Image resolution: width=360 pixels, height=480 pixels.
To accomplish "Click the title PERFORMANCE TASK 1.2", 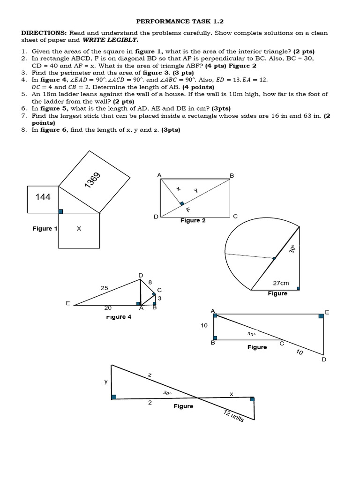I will (180, 21).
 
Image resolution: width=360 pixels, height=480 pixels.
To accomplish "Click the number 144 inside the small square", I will (43, 197).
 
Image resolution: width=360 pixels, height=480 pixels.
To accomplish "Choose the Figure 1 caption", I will (45, 228).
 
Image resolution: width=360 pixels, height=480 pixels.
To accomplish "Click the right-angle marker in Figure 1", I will (60, 211).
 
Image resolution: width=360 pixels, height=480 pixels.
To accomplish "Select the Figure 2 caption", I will (193, 220).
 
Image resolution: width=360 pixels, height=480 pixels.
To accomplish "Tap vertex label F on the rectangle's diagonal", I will (187, 210).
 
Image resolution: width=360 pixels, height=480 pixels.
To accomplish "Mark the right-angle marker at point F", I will (182, 203).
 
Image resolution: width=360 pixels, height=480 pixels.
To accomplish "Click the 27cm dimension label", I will (281, 284).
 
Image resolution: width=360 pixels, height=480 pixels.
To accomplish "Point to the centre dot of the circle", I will (274, 258).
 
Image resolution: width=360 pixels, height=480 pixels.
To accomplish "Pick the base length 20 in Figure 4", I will (108, 308).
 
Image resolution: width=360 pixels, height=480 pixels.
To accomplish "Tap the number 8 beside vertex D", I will (150, 282).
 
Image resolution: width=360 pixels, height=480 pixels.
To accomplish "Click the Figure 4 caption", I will (119, 317).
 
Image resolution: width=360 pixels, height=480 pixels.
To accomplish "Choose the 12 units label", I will (234, 415).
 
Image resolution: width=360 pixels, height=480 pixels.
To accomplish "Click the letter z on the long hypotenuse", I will (150, 375).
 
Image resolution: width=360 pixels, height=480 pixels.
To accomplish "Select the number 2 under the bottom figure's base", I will (150, 403).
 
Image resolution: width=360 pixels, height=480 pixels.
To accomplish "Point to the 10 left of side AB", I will (204, 325).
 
